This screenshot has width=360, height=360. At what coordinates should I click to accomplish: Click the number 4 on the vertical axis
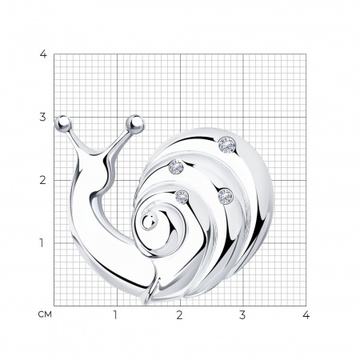[43, 54]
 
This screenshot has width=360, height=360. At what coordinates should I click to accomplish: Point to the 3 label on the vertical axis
[43, 117]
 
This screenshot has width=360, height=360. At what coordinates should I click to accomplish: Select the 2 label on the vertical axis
[43, 180]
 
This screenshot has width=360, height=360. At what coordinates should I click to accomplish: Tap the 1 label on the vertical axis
[42, 243]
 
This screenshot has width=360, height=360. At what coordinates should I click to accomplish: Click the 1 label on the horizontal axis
[115, 315]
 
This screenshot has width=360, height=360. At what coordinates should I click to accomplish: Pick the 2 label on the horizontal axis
[179, 315]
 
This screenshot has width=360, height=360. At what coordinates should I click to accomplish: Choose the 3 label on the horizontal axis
[242, 315]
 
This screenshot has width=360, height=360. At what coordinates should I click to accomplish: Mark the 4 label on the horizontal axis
[306, 315]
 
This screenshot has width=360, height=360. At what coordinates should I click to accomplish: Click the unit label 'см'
[45, 315]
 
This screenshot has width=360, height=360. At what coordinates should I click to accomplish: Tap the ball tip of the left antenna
[63, 123]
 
